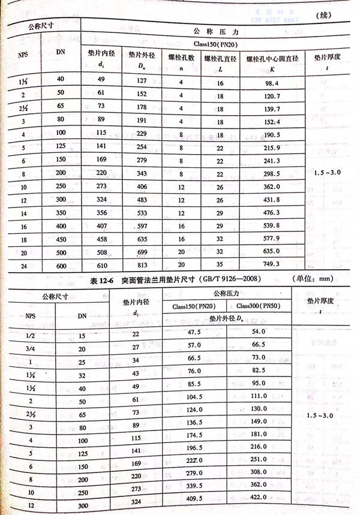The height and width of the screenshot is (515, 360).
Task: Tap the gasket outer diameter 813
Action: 142,265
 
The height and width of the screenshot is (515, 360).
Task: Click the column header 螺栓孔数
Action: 182,58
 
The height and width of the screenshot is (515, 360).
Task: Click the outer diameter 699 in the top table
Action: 142,252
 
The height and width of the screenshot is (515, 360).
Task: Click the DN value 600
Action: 61,266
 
